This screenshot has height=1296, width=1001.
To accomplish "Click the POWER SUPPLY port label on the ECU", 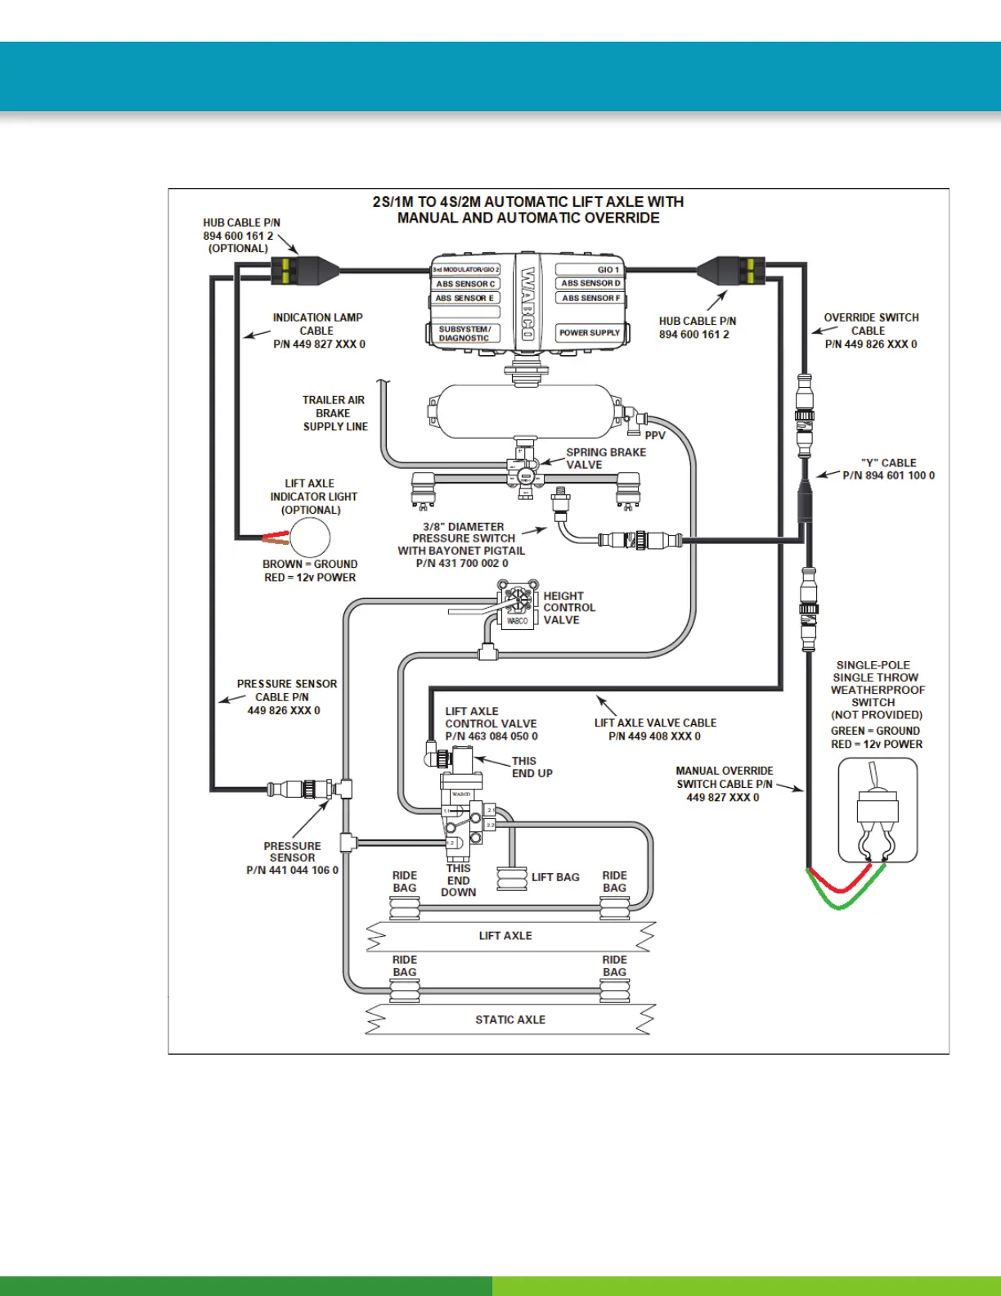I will click(589, 333).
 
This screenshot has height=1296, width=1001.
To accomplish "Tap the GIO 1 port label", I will click(608, 269).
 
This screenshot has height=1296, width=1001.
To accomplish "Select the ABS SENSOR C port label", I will click(465, 284).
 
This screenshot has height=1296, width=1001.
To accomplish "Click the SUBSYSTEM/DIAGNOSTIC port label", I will click(464, 334).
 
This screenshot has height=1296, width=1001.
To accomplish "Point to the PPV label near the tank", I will click(655, 435).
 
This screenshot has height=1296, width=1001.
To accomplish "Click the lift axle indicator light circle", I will click(310, 538).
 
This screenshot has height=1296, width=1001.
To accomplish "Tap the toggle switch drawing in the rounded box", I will click(877, 810).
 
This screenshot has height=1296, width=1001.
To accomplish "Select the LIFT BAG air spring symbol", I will click(512, 879).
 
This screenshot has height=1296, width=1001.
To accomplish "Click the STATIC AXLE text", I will click(510, 1019).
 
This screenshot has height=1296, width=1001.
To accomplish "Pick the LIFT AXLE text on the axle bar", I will click(505, 935).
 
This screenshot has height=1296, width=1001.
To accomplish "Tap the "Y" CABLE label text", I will click(888, 463).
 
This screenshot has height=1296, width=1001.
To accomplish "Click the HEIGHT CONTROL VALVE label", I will click(569, 608).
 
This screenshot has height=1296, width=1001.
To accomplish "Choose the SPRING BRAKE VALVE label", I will click(605, 458).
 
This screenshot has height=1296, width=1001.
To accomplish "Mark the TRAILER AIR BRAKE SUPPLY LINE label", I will click(334, 413).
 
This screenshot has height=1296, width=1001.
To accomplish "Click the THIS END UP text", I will click(532, 767).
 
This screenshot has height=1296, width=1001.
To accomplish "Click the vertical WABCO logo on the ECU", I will click(528, 303).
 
